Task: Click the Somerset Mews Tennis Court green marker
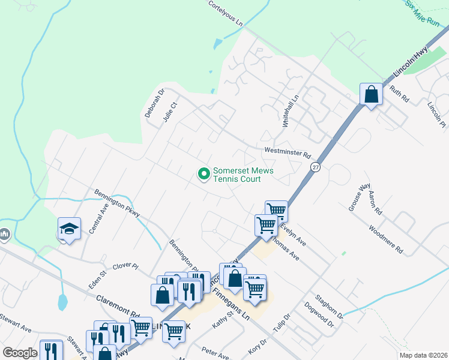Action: (x=203, y=175)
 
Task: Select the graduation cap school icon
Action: (x=70, y=229)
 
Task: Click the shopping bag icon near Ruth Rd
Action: (x=371, y=94)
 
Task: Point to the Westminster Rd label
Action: (x=287, y=152)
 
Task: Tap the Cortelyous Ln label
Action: (x=226, y=13)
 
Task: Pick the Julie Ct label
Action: (x=170, y=112)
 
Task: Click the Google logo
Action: (x=20, y=353)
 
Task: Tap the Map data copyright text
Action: (x=423, y=355)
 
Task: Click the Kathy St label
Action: (x=221, y=319)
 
